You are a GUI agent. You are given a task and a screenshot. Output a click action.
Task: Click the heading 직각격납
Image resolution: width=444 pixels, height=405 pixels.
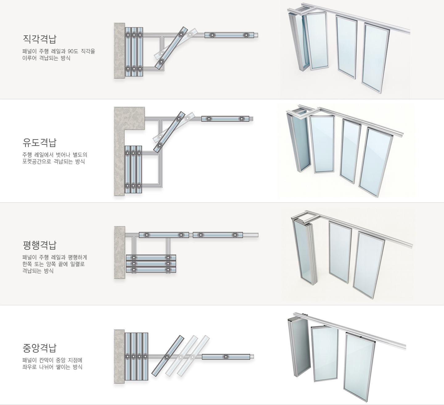pyautogui.click(x=39, y=38)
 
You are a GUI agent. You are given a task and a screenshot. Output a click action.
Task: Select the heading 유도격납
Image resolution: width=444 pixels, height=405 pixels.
pyautogui.click(x=39, y=142)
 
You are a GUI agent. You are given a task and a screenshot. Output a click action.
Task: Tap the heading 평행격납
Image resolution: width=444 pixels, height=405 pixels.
pyautogui.click(x=39, y=245)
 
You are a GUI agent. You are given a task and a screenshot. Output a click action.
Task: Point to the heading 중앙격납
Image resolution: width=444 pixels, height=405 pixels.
pyautogui.click(x=39, y=348)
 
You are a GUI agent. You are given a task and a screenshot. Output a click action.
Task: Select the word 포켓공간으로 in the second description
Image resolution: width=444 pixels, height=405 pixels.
pyautogui.click(x=36, y=161)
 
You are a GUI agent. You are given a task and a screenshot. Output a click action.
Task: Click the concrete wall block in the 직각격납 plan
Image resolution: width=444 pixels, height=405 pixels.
pyautogui.click(x=119, y=51)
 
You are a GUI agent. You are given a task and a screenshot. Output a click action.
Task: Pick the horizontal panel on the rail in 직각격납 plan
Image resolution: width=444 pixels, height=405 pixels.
pyautogui.click(x=229, y=35)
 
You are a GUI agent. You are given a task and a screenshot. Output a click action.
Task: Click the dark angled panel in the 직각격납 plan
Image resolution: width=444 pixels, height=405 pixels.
pyautogui.click(x=171, y=48)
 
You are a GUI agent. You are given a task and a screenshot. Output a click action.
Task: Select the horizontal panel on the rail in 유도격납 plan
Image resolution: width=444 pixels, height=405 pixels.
pyautogui.click(x=225, y=119)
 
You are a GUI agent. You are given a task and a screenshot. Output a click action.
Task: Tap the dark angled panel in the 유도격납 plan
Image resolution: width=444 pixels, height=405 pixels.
pyautogui.click(x=169, y=132)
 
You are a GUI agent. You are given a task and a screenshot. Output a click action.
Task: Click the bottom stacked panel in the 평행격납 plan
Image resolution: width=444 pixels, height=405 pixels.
pyautogui.click(x=151, y=270)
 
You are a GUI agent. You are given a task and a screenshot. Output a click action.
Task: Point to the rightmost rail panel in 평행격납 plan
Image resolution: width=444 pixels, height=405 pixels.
pyautogui.click(x=218, y=235)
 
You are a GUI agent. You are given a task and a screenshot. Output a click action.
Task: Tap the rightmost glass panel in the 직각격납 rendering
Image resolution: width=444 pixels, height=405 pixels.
pyautogui.click(x=375, y=58)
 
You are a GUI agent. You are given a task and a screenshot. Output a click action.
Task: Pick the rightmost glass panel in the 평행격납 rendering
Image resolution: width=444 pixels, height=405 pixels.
pyautogui.click(x=368, y=265)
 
